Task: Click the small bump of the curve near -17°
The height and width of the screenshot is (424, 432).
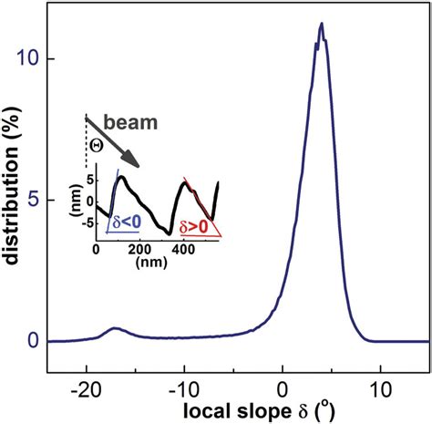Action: [115, 328]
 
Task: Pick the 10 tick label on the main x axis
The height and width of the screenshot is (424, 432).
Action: [380, 385]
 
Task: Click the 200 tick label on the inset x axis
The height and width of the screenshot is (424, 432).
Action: [139, 249]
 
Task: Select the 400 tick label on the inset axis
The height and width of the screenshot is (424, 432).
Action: [183, 249]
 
